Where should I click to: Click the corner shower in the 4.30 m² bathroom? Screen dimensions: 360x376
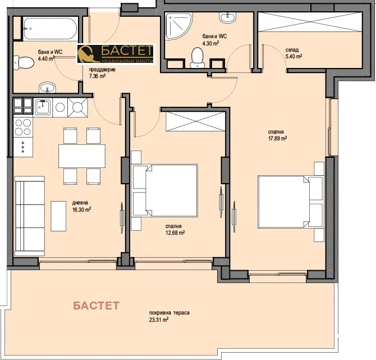[178, 28]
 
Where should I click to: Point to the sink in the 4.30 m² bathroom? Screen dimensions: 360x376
[227, 19]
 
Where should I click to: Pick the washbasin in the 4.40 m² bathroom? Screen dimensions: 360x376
[47, 87]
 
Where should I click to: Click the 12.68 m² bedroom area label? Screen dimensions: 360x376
[175, 230]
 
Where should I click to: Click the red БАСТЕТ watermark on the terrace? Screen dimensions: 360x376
[97, 306]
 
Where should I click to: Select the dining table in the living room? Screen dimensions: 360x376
[81, 156]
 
